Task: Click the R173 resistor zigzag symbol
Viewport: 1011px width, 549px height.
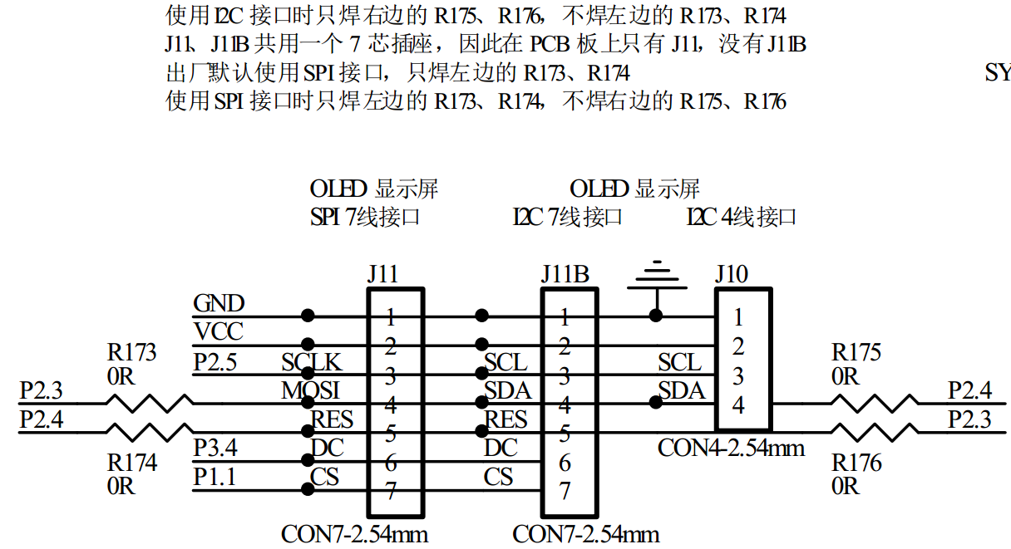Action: (x=150, y=404)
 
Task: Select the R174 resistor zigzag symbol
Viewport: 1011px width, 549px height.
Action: (x=150, y=432)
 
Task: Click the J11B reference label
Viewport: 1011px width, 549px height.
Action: (x=565, y=274)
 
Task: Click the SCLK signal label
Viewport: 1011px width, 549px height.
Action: (x=311, y=362)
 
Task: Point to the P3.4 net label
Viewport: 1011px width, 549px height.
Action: (x=216, y=449)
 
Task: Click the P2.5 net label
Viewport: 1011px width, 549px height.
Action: (x=215, y=362)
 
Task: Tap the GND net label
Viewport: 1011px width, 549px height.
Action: (x=219, y=303)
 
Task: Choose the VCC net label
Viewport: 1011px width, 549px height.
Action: (x=218, y=332)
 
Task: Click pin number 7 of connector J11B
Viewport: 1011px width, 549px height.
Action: (x=565, y=490)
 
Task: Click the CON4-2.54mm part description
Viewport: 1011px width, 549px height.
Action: (x=731, y=449)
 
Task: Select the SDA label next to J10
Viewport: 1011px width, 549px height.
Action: (x=682, y=390)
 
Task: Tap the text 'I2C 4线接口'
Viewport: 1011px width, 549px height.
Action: (x=741, y=218)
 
